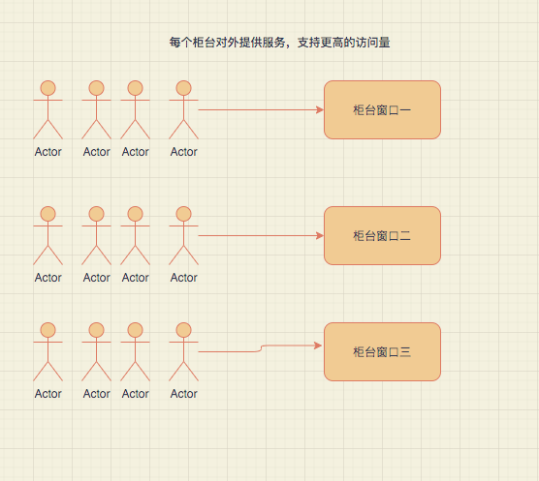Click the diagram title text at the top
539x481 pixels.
(279, 44)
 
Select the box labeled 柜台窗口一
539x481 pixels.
(382, 109)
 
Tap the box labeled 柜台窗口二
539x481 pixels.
(382, 235)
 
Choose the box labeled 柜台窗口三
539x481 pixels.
(382, 351)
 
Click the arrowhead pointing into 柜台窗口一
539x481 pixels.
(318, 109)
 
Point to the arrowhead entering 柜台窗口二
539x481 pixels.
(318, 235)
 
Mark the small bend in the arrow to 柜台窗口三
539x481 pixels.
(261, 348)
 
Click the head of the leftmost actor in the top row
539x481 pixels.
(48, 88)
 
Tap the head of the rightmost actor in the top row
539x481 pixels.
(184, 88)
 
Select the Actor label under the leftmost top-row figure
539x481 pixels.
(48, 152)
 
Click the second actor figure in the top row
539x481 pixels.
(97, 110)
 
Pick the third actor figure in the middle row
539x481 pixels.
(136, 236)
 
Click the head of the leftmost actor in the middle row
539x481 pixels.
(48, 214)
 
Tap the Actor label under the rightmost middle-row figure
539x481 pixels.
(184, 278)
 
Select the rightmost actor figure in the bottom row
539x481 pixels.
(184, 352)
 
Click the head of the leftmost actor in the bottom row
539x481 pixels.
(48, 330)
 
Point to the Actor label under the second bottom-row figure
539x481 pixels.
(97, 394)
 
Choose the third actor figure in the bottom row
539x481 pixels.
(136, 352)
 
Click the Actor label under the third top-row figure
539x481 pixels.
(136, 152)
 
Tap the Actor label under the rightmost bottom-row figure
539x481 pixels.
(184, 394)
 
